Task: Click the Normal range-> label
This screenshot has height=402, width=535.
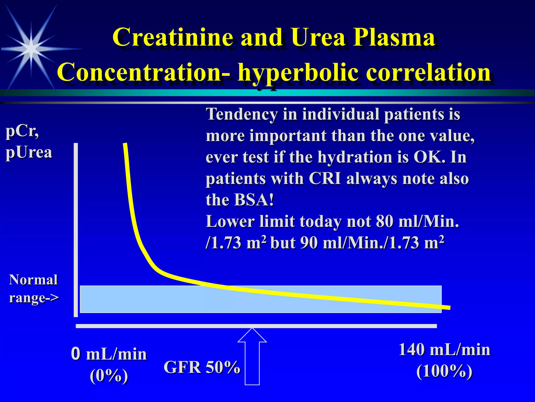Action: tap(34, 289)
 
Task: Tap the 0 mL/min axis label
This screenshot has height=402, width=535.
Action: tap(109, 354)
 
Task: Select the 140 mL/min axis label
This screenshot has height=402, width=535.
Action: tap(444, 350)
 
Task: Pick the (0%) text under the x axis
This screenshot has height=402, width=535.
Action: tap(109, 376)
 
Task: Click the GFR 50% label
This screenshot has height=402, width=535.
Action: tap(202, 367)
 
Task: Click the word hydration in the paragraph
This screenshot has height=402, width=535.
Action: tap(356, 157)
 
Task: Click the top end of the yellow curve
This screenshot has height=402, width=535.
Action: tap(125, 144)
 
